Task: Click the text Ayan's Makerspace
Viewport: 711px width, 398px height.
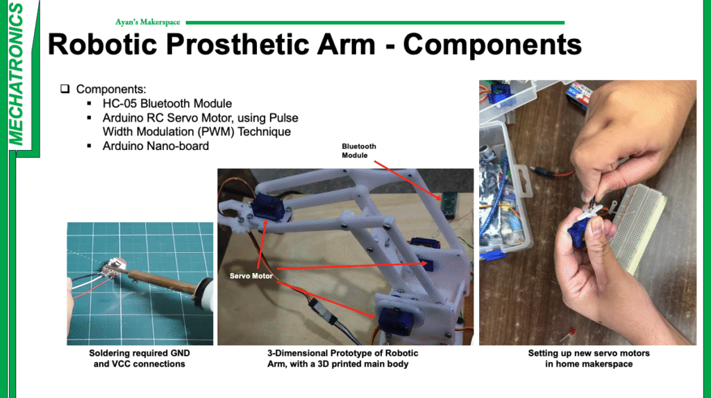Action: pos(147,22)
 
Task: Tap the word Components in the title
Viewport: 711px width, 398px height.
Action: pos(492,44)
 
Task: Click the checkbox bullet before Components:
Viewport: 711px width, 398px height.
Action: pos(65,88)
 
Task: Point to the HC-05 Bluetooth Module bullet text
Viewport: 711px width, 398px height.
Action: pos(167,103)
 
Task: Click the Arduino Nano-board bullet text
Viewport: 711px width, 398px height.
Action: pos(156,146)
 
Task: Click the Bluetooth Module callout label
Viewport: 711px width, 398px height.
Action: pos(359,151)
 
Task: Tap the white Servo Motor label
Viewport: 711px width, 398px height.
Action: pos(251,276)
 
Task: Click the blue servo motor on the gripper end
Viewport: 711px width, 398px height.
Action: pos(269,206)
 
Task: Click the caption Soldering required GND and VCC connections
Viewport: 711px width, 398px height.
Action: pos(139,358)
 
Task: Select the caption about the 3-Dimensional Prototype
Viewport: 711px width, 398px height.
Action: pos(342,358)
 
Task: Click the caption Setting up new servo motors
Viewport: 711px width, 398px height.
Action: pos(589,358)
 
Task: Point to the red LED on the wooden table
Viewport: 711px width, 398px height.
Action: pos(572,332)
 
